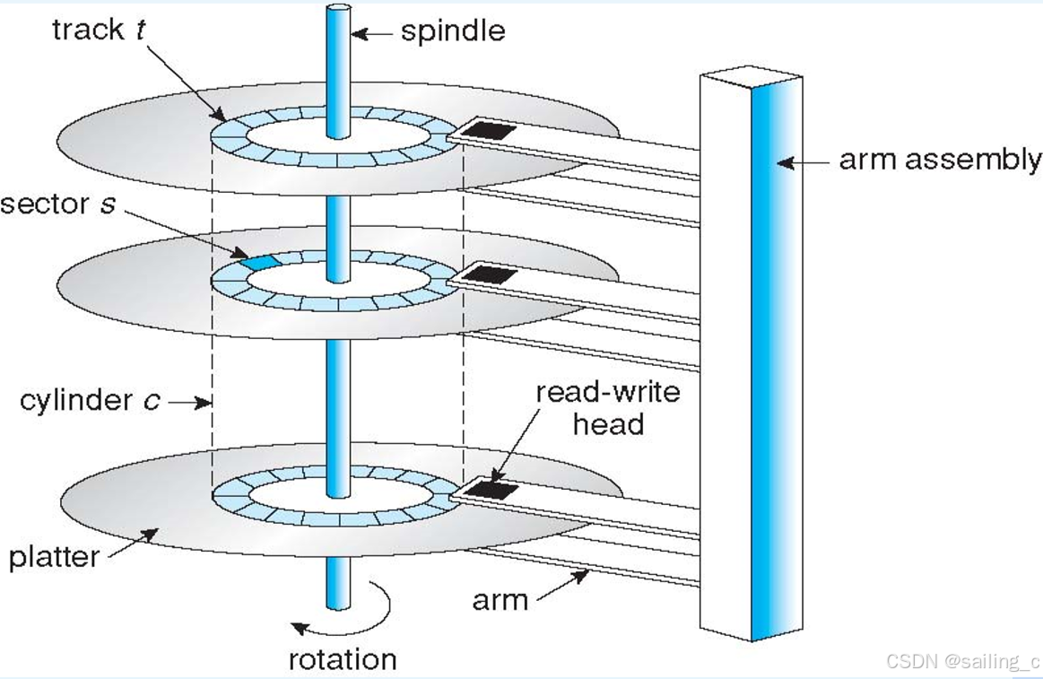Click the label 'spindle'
(x=452, y=32)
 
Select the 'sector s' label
(x=57, y=204)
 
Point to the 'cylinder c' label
(x=90, y=400)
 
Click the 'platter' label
(x=53, y=557)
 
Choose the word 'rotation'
(x=342, y=659)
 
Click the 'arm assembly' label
(x=939, y=161)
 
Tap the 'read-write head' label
(x=607, y=407)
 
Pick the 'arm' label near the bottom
(x=500, y=598)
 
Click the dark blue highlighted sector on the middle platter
(x=258, y=262)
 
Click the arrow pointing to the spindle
(x=371, y=34)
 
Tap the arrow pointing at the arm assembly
(x=802, y=162)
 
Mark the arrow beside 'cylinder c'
(x=189, y=403)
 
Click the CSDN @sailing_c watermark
(x=962, y=662)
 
